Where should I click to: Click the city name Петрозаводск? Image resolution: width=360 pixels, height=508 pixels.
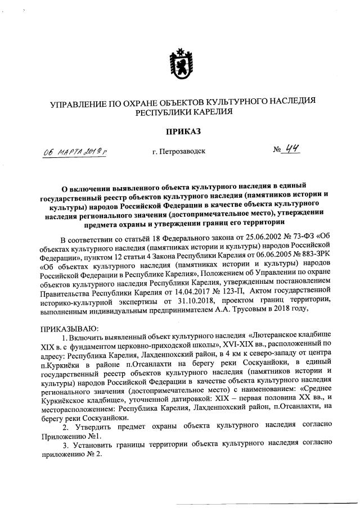pyautogui.click(x=178, y=152)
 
